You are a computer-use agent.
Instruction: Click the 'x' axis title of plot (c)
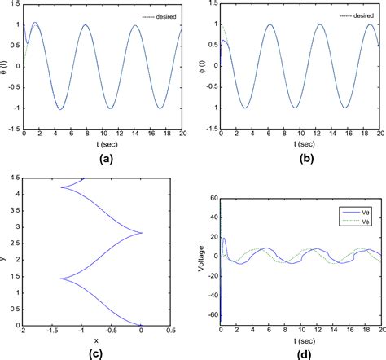click(95, 340)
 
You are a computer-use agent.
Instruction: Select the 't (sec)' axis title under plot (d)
click(301, 340)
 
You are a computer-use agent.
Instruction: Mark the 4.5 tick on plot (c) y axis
click(15, 179)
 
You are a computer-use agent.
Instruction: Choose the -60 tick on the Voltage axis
click(210, 313)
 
